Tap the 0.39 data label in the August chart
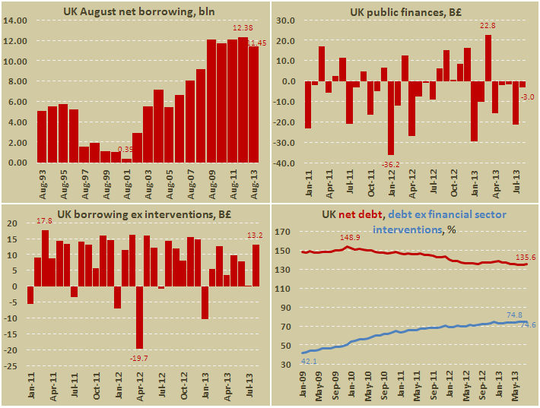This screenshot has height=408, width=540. coord(125,149)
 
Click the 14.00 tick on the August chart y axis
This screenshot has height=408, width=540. coord(16,21)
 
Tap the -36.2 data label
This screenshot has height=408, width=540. coord(389,184)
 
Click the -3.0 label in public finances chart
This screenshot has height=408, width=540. coord(526,96)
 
